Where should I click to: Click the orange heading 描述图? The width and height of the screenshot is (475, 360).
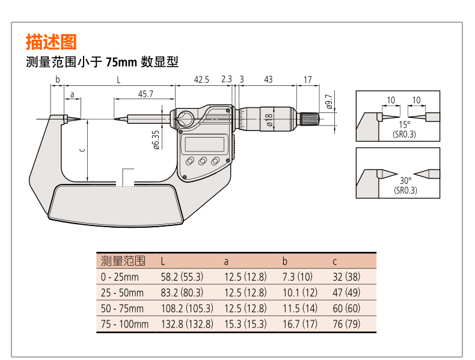pyautogui.click(x=51, y=41)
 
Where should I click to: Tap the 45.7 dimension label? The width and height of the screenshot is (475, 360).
pyautogui.click(x=146, y=94)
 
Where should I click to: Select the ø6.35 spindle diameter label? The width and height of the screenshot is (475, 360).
pyautogui.click(x=156, y=139)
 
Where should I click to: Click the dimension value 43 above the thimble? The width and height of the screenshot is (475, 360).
pyautogui.click(x=268, y=79)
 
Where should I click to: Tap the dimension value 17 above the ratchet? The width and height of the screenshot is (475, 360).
pyautogui.click(x=307, y=79)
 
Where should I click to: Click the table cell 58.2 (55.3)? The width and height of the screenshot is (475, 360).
pyautogui.click(x=182, y=277)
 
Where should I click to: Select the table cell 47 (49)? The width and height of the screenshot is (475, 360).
pyautogui.click(x=348, y=293)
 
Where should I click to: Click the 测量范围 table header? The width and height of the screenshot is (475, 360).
pyautogui.click(x=123, y=261)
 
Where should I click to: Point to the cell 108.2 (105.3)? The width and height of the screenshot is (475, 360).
pyautogui.click(x=186, y=308)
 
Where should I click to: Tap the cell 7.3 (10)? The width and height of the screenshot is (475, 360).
pyautogui.click(x=297, y=277)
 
